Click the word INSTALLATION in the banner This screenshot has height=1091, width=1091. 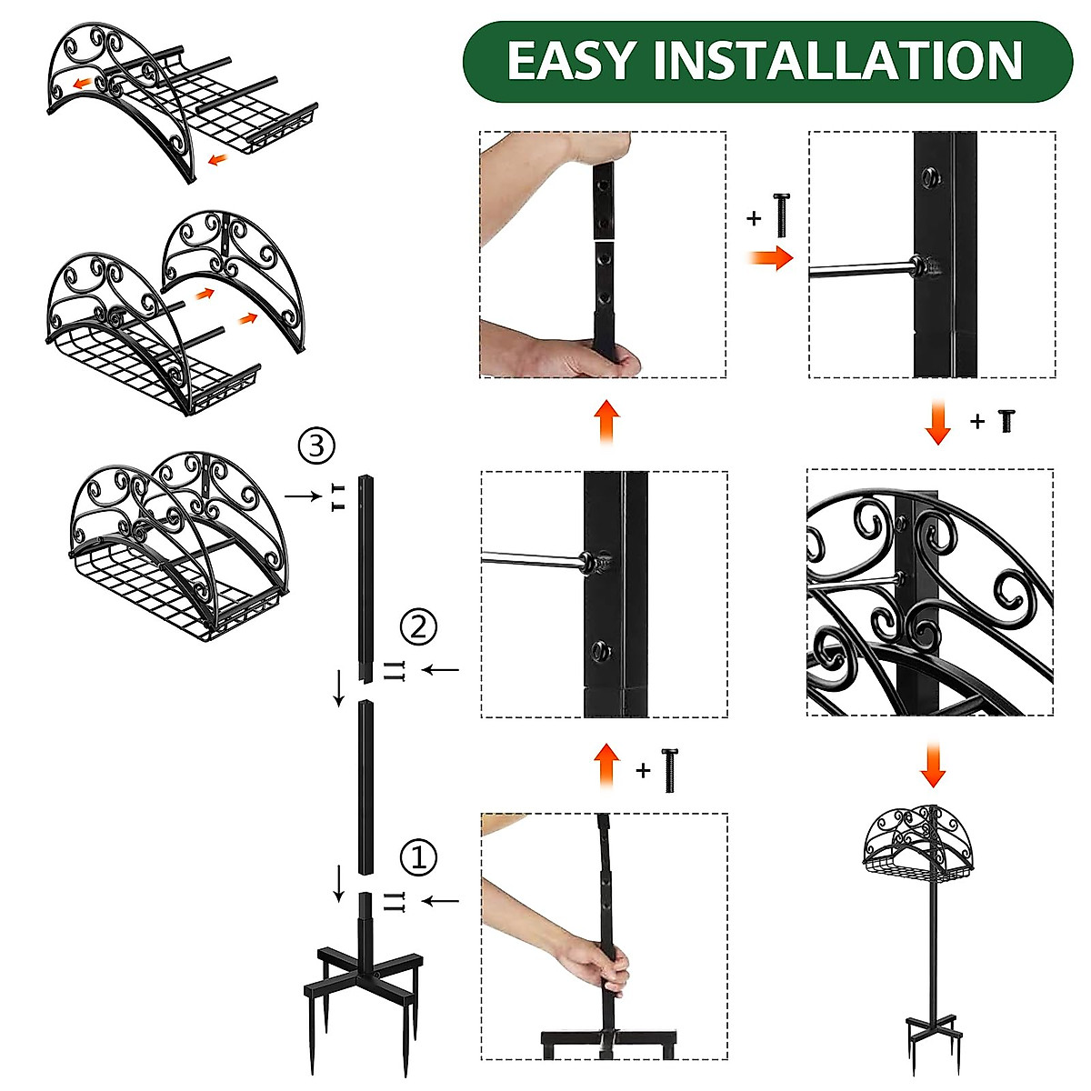[x=838, y=60]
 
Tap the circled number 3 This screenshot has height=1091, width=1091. [x=316, y=445]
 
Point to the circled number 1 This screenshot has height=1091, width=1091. [x=418, y=857]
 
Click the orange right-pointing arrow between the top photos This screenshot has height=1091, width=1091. [x=770, y=257]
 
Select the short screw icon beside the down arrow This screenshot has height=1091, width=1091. [x=1006, y=421]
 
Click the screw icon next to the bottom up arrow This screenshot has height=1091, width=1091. [x=670, y=770]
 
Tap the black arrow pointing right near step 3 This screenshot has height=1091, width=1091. [x=303, y=496]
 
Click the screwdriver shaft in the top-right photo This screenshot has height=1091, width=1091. [x=861, y=270]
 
